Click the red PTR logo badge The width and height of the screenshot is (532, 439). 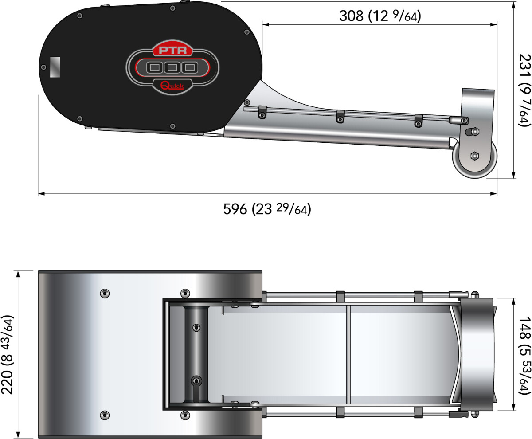(173, 49)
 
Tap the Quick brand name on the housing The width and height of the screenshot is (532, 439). (172, 86)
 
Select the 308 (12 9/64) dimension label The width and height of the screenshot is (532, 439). (380, 16)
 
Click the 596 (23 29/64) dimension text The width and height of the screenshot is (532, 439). (267, 209)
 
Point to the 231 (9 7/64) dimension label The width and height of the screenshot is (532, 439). (525, 90)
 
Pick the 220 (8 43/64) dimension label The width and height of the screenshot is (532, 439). (7, 355)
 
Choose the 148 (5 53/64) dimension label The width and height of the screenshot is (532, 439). (525, 355)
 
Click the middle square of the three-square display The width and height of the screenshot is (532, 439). (172, 68)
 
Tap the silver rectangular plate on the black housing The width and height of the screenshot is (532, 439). (55, 67)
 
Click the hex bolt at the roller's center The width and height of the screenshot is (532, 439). (474, 156)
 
